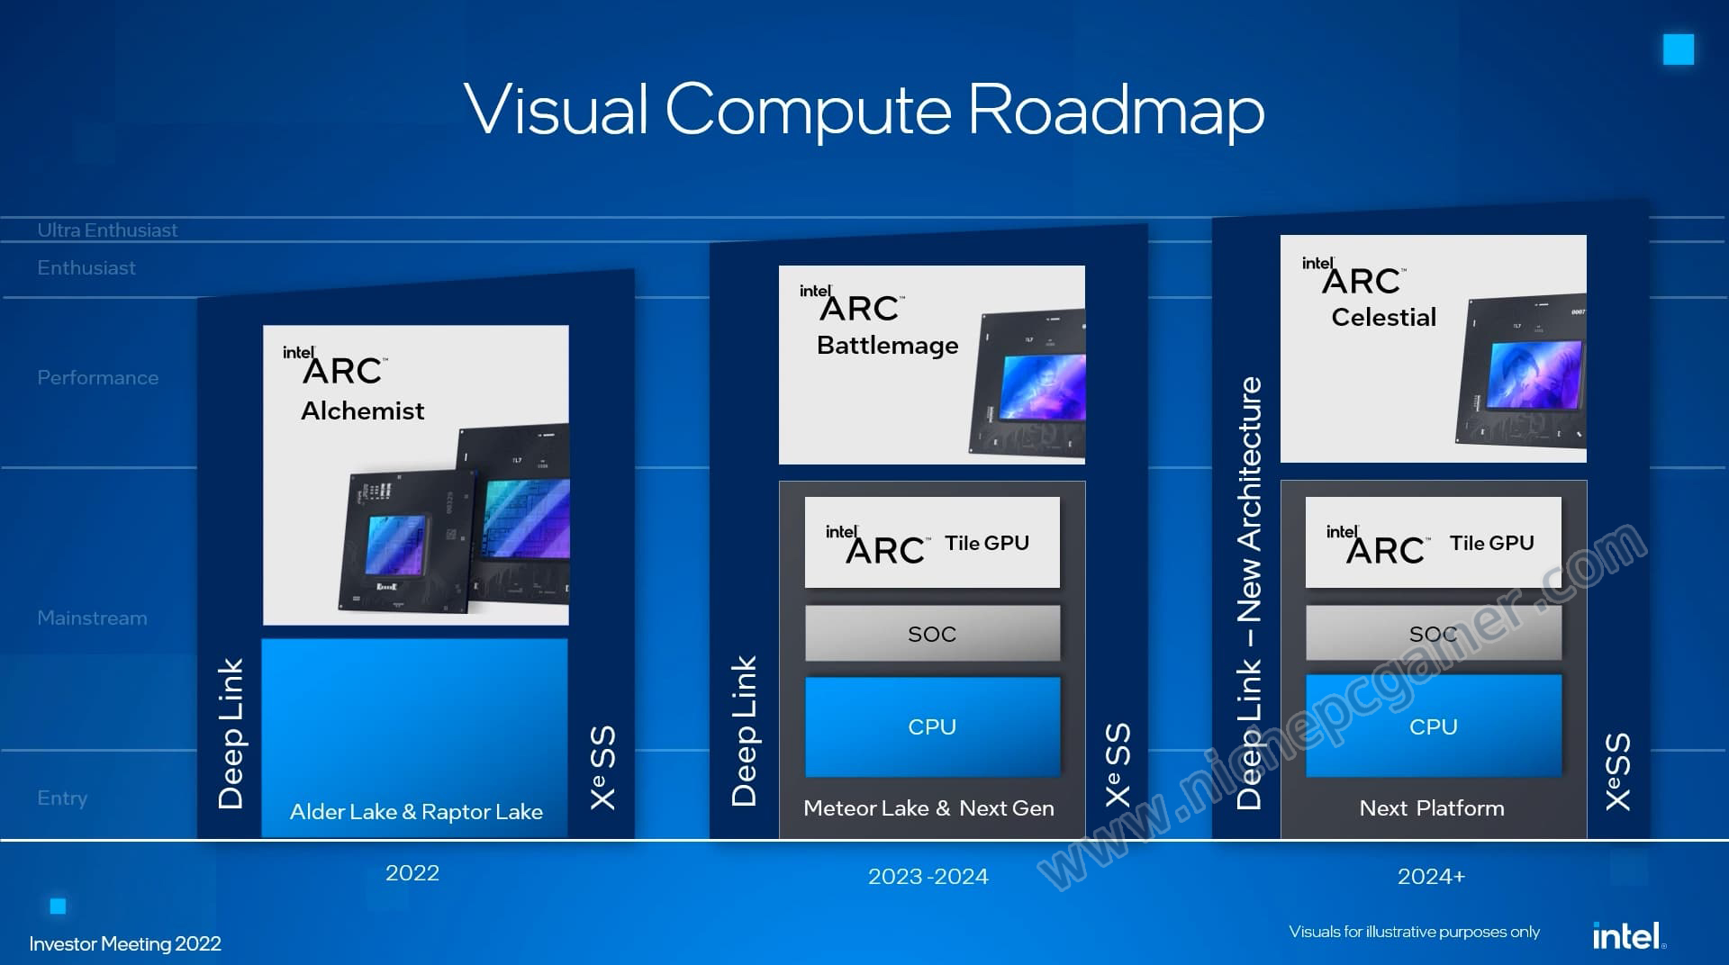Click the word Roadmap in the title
(x=1116, y=112)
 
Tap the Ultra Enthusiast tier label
(x=107, y=230)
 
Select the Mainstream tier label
(x=92, y=618)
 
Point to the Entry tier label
(x=62, y=798)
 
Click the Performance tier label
(x=98, y=378)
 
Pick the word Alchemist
(x=362, y=410)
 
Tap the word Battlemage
(x=887, y=346)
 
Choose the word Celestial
(x=1384, y=317)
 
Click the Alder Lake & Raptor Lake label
(x=416, y=812)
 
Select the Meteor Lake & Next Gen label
(x=928, y=808)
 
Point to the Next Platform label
(x=1432, y=808)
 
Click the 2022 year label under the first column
(x=412, y=873)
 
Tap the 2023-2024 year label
(x=928, y=877)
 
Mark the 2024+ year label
(x=1431, y=877)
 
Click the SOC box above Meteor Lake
(x=932, y=633)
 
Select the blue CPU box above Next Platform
(x=1434, y=726)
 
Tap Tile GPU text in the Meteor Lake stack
(x=987, y=543)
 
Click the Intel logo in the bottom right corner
(x=1629, y=936)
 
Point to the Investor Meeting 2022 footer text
(x=125, y=943)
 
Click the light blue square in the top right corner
(x=1679, y=50)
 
